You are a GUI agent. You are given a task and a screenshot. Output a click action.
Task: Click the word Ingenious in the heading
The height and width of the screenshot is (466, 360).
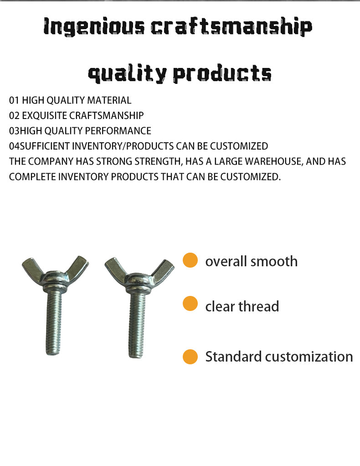click(94, 27)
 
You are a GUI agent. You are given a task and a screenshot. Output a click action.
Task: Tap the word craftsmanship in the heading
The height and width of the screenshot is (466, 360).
click(231, 27)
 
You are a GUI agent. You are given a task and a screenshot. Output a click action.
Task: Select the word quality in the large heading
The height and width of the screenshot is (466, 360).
click(127, 73)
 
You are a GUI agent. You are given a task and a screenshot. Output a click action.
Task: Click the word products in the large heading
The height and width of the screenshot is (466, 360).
click(222, 73)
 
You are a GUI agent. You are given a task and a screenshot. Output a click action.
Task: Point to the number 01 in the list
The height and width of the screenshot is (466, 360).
click(14, 100)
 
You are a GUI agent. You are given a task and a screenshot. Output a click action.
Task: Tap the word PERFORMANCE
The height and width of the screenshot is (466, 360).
click(118, 131)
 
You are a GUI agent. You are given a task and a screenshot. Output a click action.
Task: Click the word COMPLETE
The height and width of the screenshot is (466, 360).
click(32, 177)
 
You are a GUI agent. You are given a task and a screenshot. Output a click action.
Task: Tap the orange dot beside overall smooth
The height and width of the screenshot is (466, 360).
click(190, 260)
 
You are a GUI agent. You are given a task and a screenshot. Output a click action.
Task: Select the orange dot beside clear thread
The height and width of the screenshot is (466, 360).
click(190, 303)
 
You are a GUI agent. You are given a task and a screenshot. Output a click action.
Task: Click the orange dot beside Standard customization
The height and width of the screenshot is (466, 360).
click(190, 357)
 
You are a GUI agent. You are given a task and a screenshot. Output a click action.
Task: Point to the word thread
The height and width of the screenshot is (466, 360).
click(259, 306)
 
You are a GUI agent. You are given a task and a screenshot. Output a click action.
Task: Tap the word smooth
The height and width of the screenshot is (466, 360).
click(274, 261)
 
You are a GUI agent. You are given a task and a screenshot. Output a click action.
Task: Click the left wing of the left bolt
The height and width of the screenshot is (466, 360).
click(33, 267)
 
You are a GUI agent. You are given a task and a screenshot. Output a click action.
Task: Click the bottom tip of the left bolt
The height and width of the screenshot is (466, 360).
click(53, 354)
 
